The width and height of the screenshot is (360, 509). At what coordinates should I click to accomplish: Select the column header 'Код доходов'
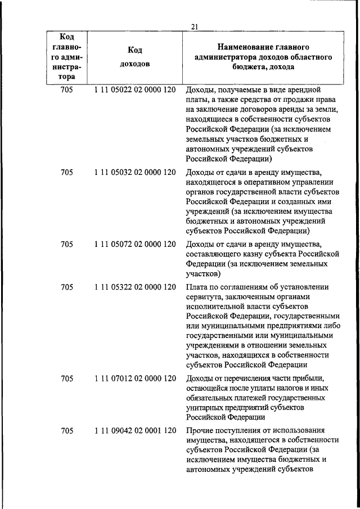point(135,57)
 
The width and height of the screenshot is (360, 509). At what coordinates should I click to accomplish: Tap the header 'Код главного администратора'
point(67,57)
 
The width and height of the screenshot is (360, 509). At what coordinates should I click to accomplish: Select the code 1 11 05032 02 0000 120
point(135,173)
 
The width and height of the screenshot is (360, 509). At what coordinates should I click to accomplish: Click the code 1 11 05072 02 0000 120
point(135,244)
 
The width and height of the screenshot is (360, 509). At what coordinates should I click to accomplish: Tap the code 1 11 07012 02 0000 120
point(135,378)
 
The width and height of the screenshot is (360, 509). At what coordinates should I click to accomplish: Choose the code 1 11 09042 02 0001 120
point(135,431)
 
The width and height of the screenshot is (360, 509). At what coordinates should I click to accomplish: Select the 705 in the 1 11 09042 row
point(67,431)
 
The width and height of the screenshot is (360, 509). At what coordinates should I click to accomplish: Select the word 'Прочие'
point(200,431)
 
